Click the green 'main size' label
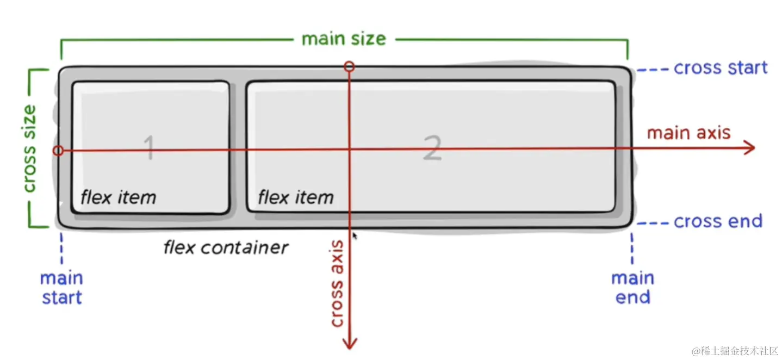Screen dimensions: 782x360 343,39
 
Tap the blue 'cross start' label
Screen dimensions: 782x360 720,68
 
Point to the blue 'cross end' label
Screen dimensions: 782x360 718,221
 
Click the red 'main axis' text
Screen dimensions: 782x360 688,133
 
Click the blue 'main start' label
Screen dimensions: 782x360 61,288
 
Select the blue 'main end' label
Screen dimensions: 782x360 632,288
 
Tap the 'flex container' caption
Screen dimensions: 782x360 226,248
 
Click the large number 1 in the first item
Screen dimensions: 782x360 149,148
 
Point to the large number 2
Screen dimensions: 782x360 432,148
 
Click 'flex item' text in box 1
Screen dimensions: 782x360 118,197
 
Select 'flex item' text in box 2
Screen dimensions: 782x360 295,197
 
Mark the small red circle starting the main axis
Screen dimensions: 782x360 59,151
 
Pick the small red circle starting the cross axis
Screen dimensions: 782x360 350,67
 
